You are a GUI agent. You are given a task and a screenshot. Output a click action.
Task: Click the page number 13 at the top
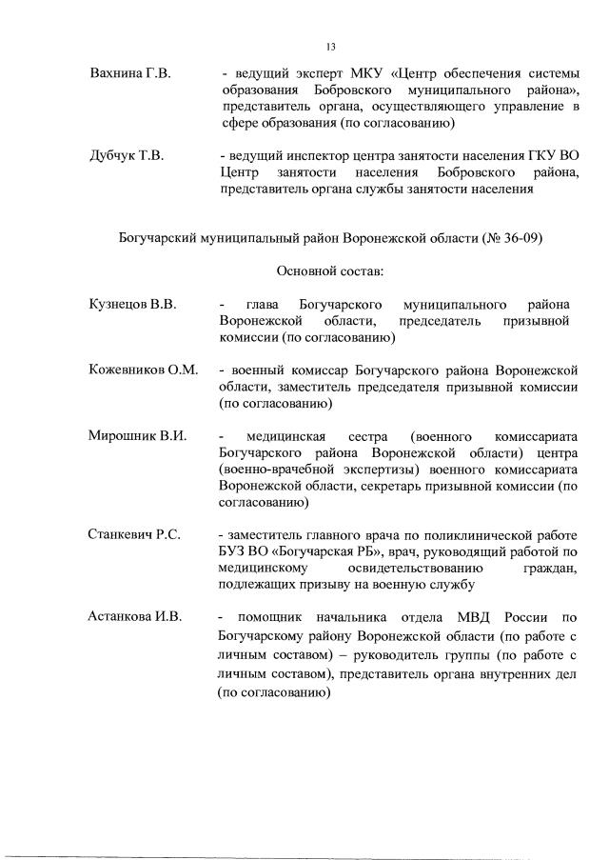331,46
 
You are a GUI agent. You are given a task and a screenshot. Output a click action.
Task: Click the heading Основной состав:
330,271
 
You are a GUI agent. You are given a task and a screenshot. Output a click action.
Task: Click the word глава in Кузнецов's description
262,305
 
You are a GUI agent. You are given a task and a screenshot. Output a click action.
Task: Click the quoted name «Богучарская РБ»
303,552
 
